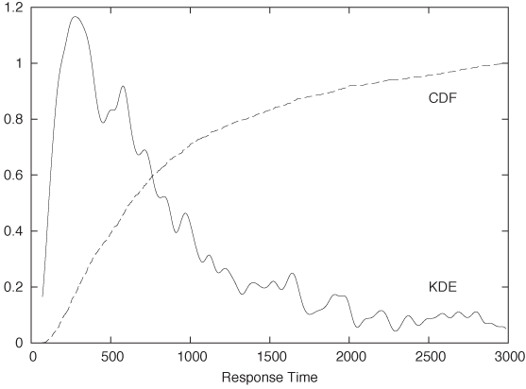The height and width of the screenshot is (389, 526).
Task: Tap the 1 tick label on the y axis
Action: click(20, 63)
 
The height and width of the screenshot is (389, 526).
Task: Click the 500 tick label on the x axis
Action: click(111, 357)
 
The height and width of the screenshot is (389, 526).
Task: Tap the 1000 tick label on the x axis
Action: click(191, 357)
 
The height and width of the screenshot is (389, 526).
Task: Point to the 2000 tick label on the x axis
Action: click(349, 357)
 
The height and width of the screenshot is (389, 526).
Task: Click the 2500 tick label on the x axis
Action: click(429, 357)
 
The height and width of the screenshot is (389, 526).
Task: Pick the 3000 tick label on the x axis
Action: click(507, 357)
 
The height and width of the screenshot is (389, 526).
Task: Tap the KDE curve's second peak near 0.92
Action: click(123, 87)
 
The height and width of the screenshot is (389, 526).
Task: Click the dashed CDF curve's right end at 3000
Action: click(507, 63)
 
